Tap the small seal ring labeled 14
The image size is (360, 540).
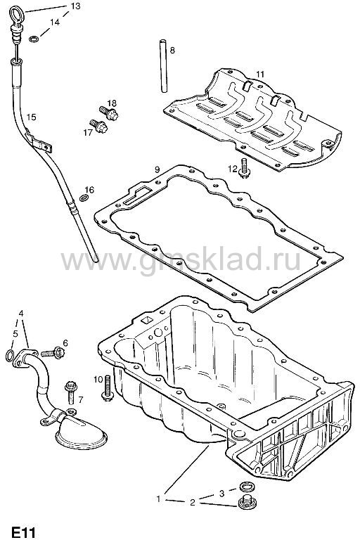[x=34, y=39]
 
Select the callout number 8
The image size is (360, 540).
[x=172, y=51]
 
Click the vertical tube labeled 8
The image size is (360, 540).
[x=163, y=66]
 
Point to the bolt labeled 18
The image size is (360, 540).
[x=108, y=112]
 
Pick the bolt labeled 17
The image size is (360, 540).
[x=99, y=126]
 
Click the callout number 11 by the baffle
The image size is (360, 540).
[x=260, y=74]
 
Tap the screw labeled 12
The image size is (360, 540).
[x=245, y=169]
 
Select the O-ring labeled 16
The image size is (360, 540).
[x=84, y=198]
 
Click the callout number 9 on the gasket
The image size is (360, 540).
[x=157, y=169]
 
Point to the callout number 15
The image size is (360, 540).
[x=31, y=117]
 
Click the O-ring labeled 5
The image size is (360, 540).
[x=10, y=355]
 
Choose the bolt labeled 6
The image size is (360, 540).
[x=53, y=352]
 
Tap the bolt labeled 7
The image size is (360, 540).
[x=70, y=392]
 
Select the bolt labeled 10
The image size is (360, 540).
[x=107, y=388]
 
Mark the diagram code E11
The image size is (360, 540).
[x=23, y=532]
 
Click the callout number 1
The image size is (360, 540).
[x=159, y=499]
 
